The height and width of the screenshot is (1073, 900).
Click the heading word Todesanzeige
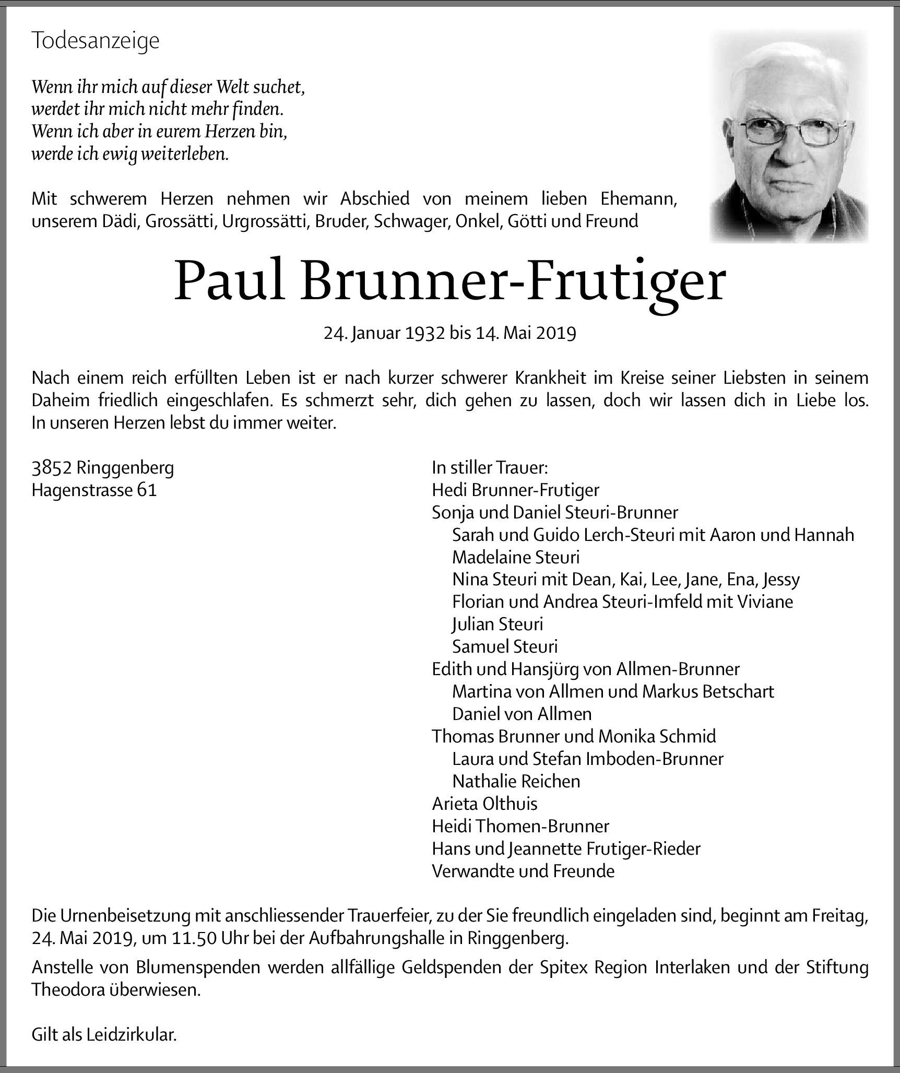tap(96, 41)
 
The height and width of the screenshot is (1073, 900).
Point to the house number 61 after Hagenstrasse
tap(147, 490)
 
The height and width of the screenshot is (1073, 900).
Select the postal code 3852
tap(52, 467)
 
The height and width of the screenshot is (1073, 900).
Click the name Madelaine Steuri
tap(516, 557)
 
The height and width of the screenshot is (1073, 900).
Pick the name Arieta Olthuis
tap(484, 803)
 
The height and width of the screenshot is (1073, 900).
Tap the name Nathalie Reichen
tap(516, 781)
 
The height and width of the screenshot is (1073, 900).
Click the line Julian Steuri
tap(498, 624)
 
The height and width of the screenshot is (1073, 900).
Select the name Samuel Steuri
tap(505, 646)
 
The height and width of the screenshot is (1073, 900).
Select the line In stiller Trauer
tap(490, 467)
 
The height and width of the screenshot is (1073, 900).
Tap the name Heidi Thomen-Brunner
tap(520, 826)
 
